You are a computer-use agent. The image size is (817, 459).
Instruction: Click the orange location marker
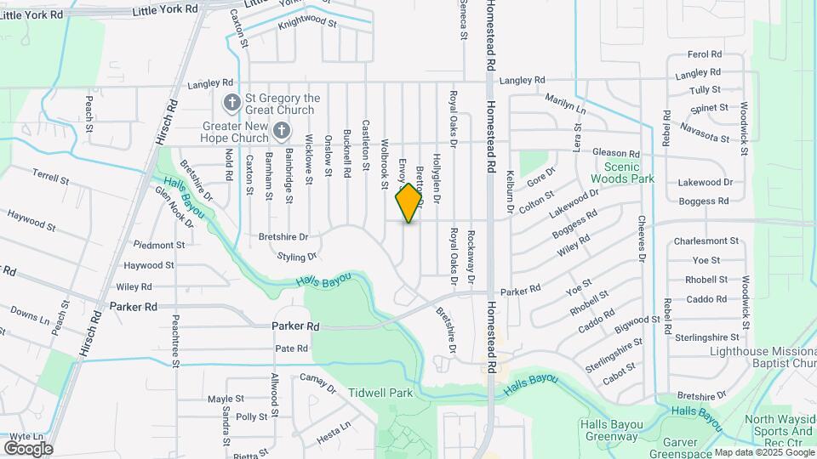(x=409, y=202)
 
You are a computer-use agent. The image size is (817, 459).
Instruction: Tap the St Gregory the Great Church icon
(x=231, y=104)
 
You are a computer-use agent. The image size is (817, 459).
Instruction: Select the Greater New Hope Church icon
(x=283, y=130)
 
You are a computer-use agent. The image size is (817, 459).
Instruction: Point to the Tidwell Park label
(x=380, y=393)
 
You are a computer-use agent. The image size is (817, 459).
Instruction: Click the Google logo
(x=27, y=448)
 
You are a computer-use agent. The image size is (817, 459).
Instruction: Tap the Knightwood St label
(x=308, y=25)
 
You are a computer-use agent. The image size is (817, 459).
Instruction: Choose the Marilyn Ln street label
(x=566, y=104)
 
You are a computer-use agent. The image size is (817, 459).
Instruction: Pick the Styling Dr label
(x=297, y=256)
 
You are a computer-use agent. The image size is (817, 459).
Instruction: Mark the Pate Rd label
(x=291, y=348)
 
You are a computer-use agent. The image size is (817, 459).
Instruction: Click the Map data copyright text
(x=763, y=452)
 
